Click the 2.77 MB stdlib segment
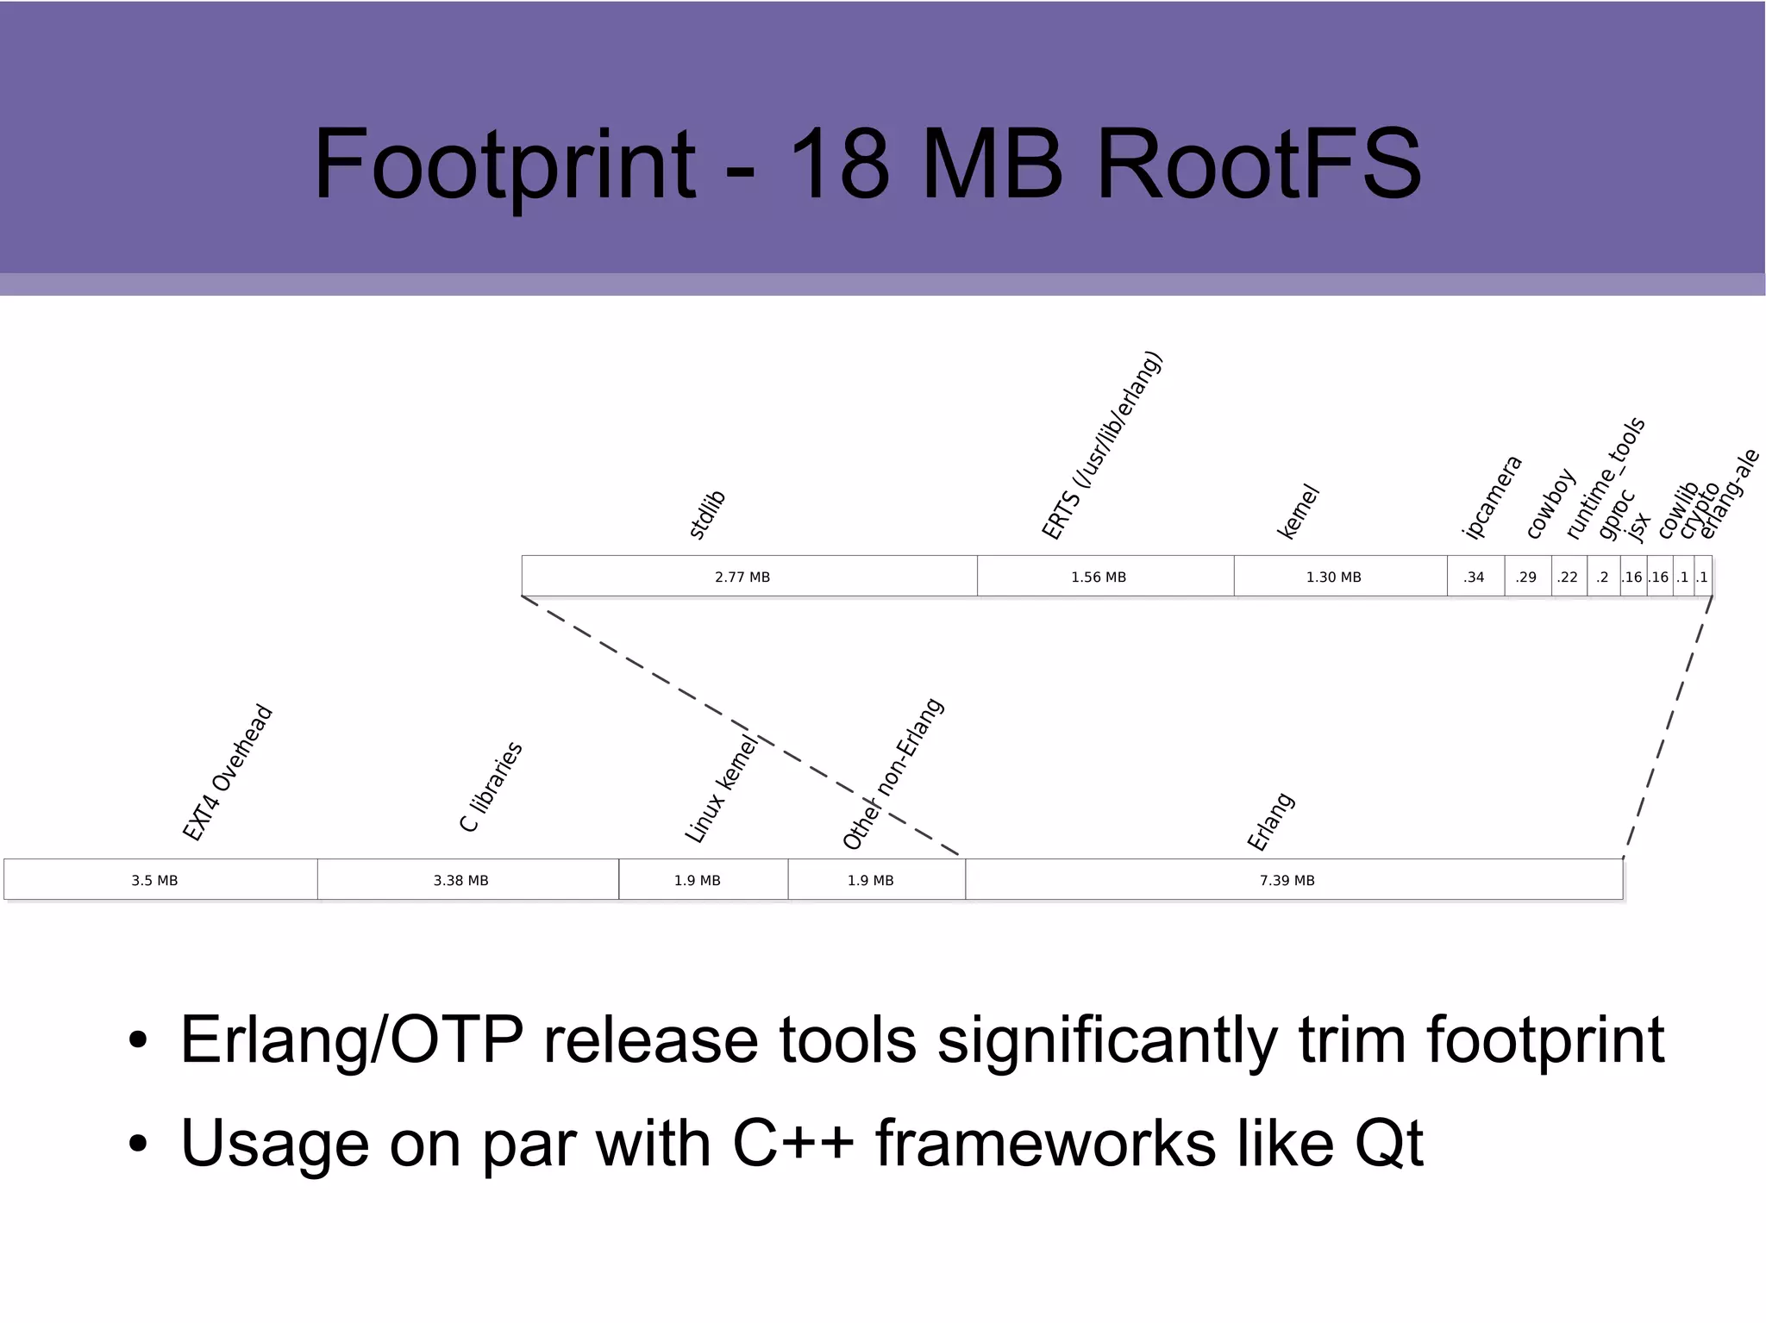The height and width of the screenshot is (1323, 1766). coord(742,577)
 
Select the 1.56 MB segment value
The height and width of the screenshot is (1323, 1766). coord(1099,577)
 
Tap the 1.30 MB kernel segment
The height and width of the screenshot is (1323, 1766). coord(1333,577)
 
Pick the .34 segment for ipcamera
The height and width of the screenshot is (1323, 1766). coord(1474,577)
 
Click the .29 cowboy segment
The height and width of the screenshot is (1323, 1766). coord(1526,577)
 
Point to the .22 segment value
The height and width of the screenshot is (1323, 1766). coord(1568,577)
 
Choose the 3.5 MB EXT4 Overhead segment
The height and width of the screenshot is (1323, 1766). coord(155,880)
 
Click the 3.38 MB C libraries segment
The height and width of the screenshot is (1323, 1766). coord(461,880)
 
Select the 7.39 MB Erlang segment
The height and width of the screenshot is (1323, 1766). coord(1287,880)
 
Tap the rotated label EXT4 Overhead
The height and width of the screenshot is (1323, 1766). coord(228,773)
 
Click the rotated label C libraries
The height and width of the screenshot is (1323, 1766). coord(492,787)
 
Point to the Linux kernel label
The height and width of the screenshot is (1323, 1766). coord(721,789)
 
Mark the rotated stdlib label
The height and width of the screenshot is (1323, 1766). coord(708,515)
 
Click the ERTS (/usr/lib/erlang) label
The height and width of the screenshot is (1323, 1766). coord(1102,446)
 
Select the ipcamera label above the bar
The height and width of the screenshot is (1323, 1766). coord(1493,497)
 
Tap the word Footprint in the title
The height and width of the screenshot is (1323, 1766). coord(504,164)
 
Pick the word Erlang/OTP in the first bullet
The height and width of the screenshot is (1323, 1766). coord(351,1039)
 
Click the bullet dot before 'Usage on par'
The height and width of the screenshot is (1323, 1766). coord(138,1145)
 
